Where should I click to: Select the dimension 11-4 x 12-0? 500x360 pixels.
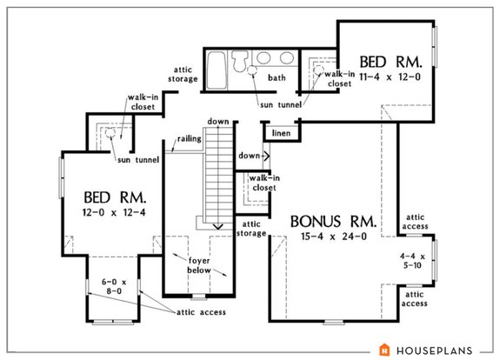[x=390, y=77]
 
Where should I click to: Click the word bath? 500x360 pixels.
[x=277, y=77]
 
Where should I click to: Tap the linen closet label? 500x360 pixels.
[x=280, y=133]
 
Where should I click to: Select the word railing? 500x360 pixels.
[x=189, y=137]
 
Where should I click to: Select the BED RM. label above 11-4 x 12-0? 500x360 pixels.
[x=390, y=63]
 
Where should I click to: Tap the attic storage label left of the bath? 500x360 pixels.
[x=183, y=75]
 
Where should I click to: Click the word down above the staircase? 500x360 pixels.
[x=217, y=121]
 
